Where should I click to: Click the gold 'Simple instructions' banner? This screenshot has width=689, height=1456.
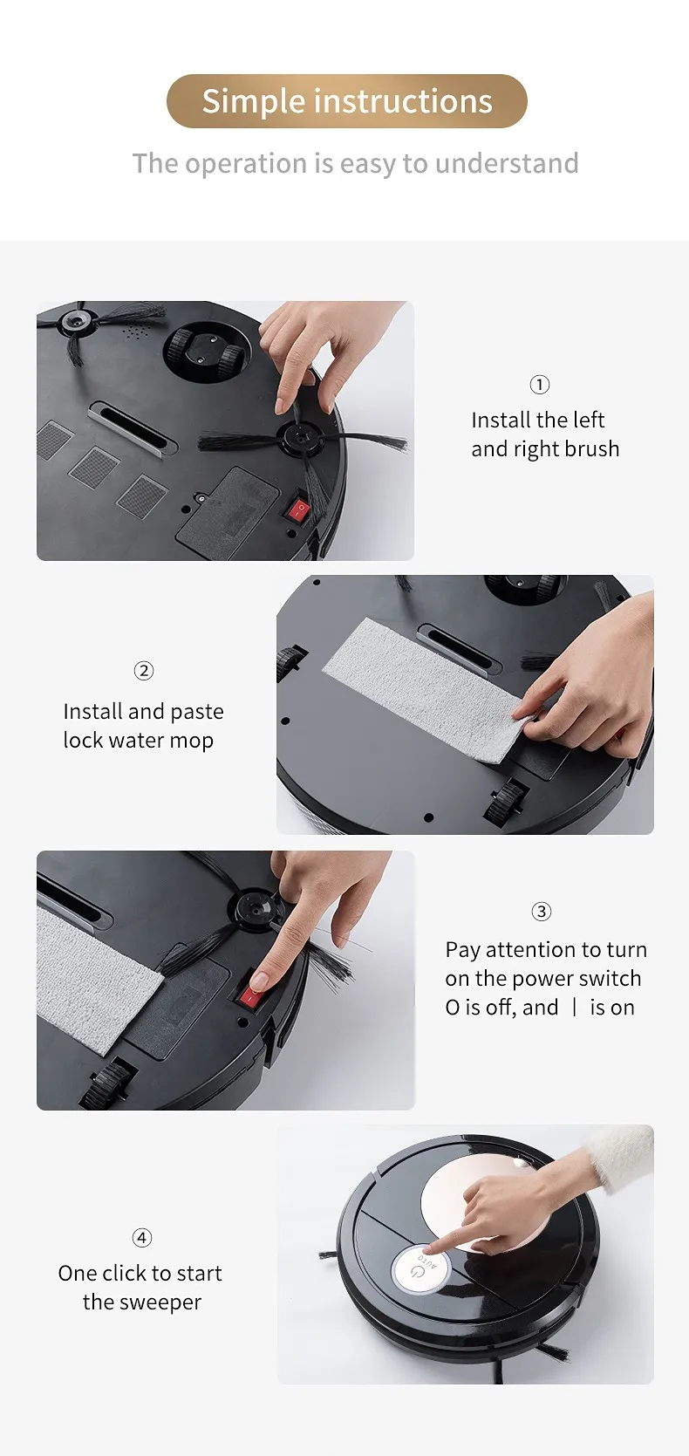click(x=346, y=100)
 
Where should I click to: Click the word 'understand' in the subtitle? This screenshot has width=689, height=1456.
click(x=507, y=163)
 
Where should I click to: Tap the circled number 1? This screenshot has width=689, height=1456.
click(x=540, y=385)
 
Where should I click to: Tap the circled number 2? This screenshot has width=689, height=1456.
click(x=144, y=670)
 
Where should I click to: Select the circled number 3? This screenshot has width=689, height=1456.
click(x=541, y=912)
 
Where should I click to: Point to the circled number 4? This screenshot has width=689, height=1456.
click(x=141, y=1237)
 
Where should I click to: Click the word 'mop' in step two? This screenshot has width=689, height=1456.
click(x=193, y=741)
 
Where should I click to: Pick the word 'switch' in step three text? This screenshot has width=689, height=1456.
click(x=610, y=978)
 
